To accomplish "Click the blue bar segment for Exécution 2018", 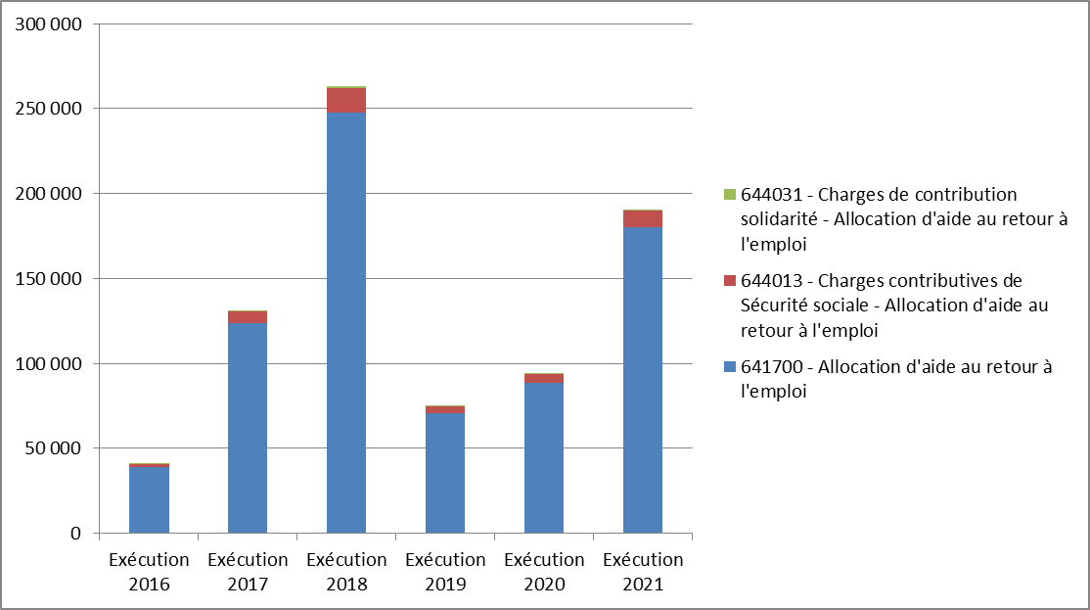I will pyautogui.click(x=346, y=323).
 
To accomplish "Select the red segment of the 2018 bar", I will pyautogui.click(x=346, y=101).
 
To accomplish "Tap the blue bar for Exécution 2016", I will pyautogui.click(x=149, y=500).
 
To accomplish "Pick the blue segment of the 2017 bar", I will pyautogui.click(x=248, y=427).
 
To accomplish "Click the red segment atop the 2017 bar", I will pyautogui.click(x=248, y=316).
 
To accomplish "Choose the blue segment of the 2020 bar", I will pyautogui.click(x=544, y=458).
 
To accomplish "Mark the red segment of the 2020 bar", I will pyautogui.click(x=544, y=378).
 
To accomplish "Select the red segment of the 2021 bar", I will pyautogui.click(x=643, y=218).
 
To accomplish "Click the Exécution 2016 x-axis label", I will pyautogui.click(x=149, y=572).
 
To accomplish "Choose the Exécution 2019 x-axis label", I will pyautogui.click(x=445, y=572).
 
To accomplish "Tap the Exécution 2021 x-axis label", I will pyautogui.click(x=643, y=572).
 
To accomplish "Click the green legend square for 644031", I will pyautogui.click(x=729, y=195).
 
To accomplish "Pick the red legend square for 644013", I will pyautogui.click(x=729, y=281).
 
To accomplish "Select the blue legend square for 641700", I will pyautogui.click(x=729, y=367).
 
